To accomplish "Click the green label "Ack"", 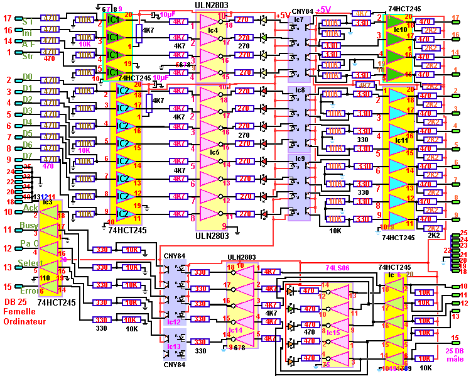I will pos(30,207).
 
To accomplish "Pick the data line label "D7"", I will pos(28,155).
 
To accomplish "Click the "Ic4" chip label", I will pos(213,30).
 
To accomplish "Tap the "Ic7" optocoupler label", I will pos(298,19).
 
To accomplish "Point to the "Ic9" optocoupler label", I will pos(299,158).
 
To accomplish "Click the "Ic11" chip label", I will pos(400,140).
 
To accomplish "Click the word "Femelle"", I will pos(19,312).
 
